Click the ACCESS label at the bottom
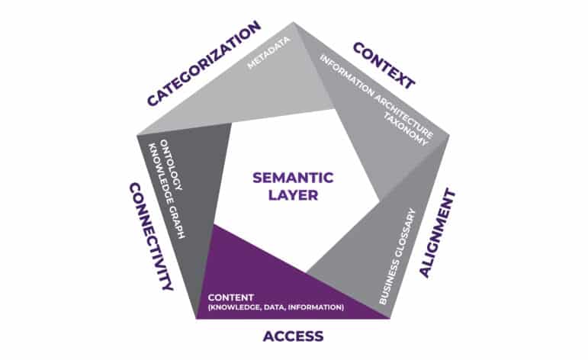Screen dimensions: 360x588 [x=294, y=336]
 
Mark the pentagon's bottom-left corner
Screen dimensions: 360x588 [x=197, y=319]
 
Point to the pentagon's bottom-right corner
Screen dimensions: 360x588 [x=390, y=319]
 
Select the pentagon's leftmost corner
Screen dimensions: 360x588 [x=137, y=135]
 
